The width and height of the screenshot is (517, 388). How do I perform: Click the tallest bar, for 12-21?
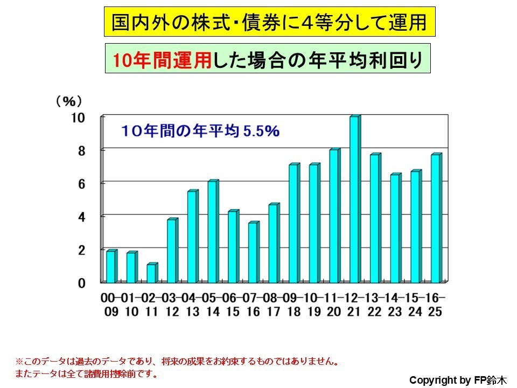(x=354, y=199)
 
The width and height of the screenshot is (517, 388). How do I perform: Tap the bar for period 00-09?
(x=110, y=267)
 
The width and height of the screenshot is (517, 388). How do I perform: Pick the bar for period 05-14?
(x=212, y=232)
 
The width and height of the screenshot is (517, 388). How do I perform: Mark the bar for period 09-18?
(x=293, y=224)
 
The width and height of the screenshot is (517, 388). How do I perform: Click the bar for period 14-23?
(x=395, y=228)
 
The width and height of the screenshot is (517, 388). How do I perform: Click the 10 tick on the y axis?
(x=78, y=118)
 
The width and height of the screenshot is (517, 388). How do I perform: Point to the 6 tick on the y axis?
(x=80, y=184)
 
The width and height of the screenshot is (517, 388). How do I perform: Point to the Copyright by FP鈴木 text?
(x=458, y=380)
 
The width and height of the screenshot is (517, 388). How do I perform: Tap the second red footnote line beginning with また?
(x=86, y=373)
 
